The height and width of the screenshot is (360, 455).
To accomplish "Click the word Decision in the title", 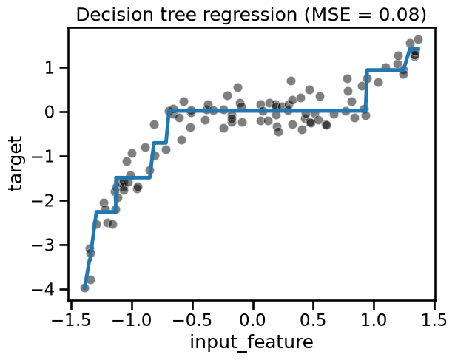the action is pyautogui.click(x=115, y=15).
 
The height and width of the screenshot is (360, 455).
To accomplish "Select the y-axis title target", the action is pyautogui.click(x=15, y=163).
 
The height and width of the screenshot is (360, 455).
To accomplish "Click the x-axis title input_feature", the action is pyautogui.click(x=252, y=342).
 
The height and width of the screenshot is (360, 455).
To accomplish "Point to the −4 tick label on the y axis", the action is pyautogui.click(x=43, y=290).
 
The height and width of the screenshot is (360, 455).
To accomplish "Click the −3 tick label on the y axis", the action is pyautogui.click(x=43, y=245).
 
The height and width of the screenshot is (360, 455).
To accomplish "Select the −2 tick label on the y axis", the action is pyautogui.click(x=43, y=201).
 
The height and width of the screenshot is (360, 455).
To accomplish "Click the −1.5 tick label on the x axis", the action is pyautogui.click(x=70, y=320).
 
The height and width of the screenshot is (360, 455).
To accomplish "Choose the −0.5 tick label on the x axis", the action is pyautogui.click(x=192, y=320).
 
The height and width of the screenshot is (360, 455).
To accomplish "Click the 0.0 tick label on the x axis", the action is pyautogui.click(x=253, y=320).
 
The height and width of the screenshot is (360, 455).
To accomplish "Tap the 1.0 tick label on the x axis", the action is pyautogui.click(x=374, y=320).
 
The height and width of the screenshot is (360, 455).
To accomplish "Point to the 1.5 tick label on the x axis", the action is pyautogui.click(x=435, y=320).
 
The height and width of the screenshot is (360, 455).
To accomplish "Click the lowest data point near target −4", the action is pyautogui.click(x=84, y=288).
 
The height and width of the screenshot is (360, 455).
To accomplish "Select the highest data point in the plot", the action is pyautogui.click(x=418, y=40).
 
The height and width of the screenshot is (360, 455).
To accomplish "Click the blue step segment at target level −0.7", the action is pyautogui.click(x=159, y=143).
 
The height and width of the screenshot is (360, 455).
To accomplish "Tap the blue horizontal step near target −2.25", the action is pyautogui.click(x=107, y=212).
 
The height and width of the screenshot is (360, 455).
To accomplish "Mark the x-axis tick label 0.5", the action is pyautogui.click(x=314, y=320).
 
